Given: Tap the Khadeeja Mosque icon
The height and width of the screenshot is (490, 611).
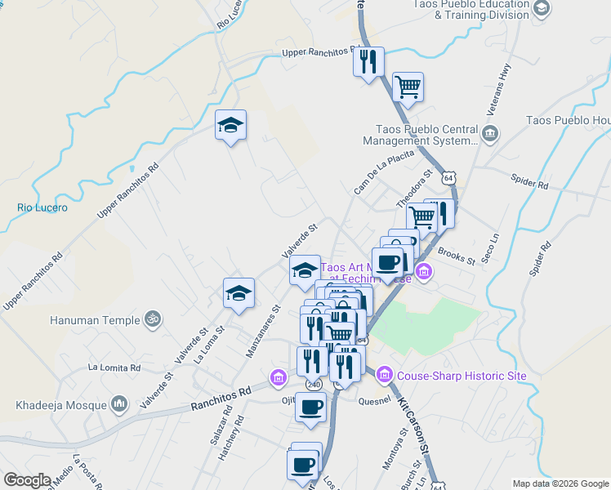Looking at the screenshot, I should (120, 403).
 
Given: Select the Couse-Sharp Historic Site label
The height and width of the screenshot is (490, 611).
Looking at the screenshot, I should (461, 376).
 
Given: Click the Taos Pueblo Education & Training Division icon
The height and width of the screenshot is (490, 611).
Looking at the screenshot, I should (541, 9).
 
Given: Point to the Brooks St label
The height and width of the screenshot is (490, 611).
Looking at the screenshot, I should (456, 256).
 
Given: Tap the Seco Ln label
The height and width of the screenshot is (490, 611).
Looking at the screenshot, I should (493, 249).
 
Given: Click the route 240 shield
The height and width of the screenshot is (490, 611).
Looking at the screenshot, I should (313, 382).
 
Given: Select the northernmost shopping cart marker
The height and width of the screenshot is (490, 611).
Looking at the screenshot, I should (407, 86).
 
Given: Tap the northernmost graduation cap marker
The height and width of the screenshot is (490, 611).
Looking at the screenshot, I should (231, 125).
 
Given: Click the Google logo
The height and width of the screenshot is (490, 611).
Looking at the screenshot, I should (27, 480).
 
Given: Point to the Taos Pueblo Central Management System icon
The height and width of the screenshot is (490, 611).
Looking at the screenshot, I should (489, 134).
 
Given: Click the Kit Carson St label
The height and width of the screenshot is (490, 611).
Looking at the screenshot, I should (413, 425).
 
